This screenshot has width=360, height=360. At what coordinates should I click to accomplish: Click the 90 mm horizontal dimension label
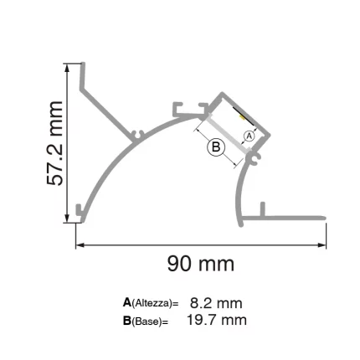[200, 265]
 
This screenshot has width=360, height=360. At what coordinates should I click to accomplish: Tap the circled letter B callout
[216, 147]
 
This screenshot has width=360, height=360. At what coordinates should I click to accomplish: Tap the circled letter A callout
[248, 136]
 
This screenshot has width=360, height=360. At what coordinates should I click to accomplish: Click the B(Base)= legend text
[146, 321]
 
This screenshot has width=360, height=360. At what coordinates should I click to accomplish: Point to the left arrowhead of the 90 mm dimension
[80, 246]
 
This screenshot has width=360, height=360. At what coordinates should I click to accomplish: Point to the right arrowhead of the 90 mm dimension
[322, 246]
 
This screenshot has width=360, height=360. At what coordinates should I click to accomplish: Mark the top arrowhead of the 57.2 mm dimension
[69, 66]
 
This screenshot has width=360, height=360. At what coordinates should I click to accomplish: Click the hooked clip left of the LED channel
[181, 109]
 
